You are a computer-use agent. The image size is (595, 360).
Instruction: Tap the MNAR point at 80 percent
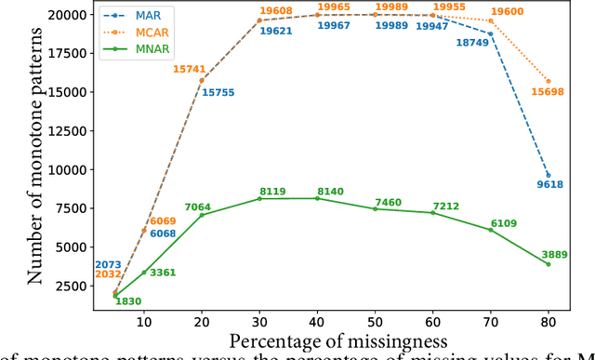[549, 264]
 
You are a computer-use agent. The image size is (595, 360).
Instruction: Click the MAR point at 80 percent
[549, 175]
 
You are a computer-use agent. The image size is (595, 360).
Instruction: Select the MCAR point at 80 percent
[549, 81]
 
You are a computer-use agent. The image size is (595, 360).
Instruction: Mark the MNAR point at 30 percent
[259, 199]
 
